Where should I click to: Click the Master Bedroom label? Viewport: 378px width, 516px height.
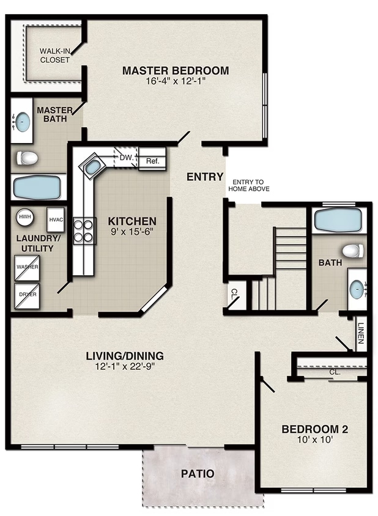pos(176,70)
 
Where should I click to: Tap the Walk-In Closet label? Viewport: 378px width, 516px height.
pos(54,56)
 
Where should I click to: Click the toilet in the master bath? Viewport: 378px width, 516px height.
pos(27,159)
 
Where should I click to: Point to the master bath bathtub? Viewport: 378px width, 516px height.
pos(38,187)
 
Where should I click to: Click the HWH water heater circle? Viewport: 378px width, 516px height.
pos(25,216)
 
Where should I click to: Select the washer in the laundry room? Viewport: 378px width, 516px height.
pos(27,267)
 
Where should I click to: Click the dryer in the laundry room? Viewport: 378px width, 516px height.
pos(27,294)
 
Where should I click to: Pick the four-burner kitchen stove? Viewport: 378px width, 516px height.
pos(84,230)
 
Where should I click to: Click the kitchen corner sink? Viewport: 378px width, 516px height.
pos(93,166)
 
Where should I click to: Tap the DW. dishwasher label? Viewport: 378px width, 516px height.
pos(127,158)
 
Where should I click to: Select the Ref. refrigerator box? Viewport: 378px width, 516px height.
pos(152,162)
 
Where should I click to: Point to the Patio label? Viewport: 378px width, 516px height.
pos(198,473)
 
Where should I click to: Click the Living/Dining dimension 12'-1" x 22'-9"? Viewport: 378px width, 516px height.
pos(125,367)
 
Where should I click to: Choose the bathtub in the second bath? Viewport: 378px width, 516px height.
pos(338,219)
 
